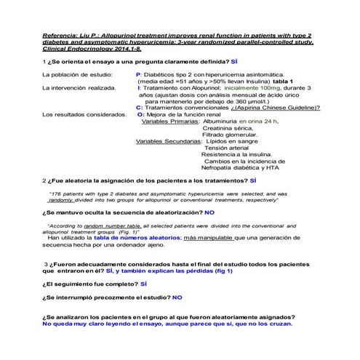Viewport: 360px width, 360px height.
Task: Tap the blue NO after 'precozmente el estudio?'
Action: (177, 297)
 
